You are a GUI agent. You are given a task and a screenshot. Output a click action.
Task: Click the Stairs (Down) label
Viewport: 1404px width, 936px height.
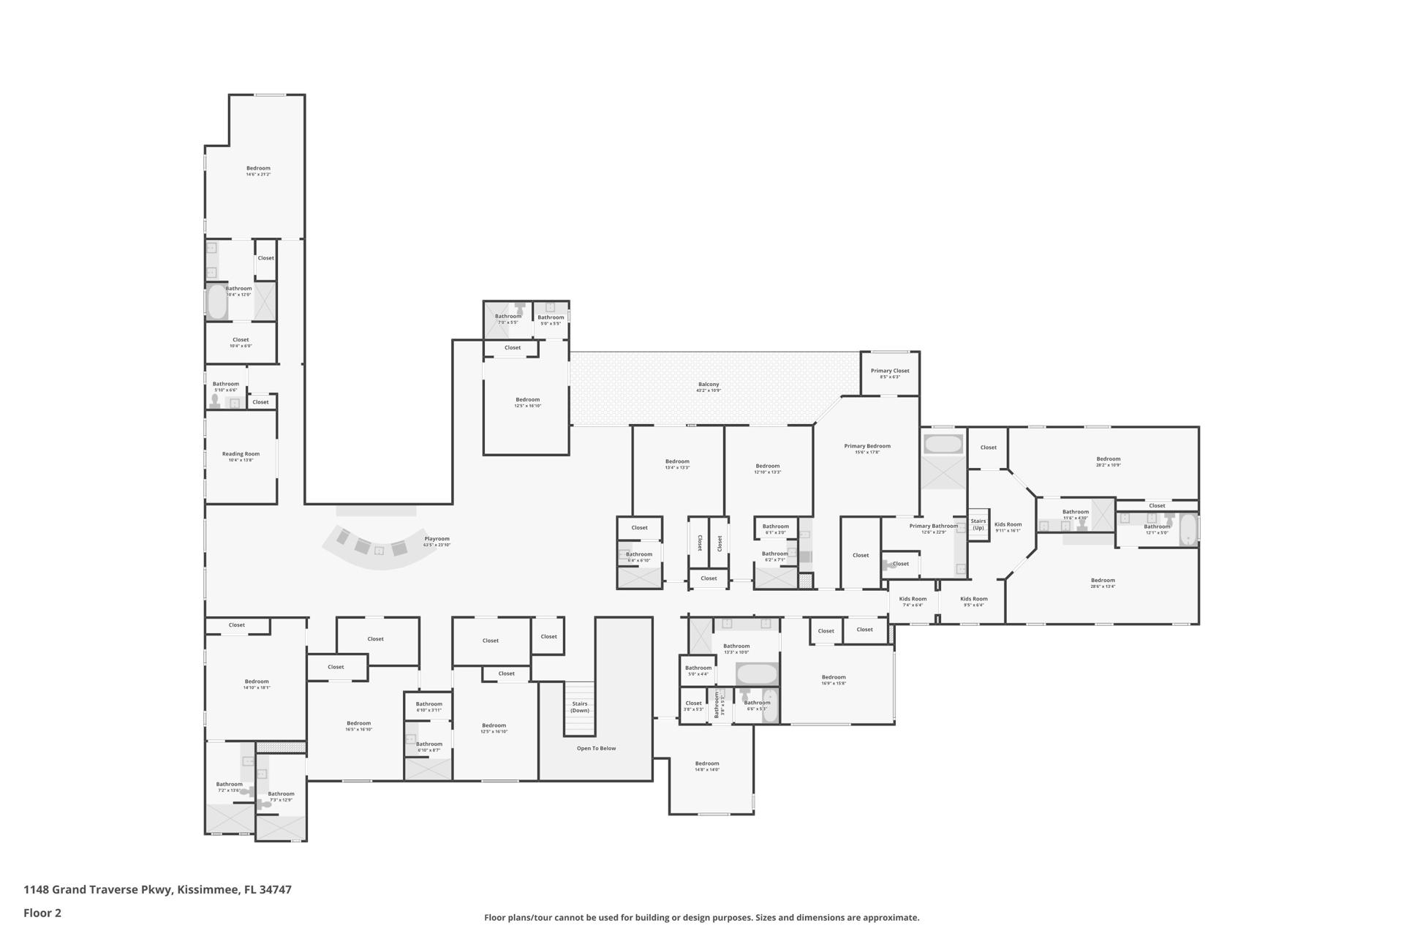pos(580,706)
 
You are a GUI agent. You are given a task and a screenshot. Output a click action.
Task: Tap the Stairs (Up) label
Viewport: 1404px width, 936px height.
pos(978,524)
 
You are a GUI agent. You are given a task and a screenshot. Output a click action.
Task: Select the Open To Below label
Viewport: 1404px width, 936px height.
pos(596,748)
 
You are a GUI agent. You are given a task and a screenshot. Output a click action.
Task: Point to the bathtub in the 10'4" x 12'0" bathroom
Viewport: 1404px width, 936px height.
pos(216,302)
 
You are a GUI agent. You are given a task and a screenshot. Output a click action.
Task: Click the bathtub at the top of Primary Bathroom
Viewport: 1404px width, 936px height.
pos(943,444)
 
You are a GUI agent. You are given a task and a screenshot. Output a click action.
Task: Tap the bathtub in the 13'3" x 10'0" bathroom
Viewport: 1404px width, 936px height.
pos(757,673)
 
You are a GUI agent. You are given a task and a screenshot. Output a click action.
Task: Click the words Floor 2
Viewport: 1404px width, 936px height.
pos(42,913)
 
